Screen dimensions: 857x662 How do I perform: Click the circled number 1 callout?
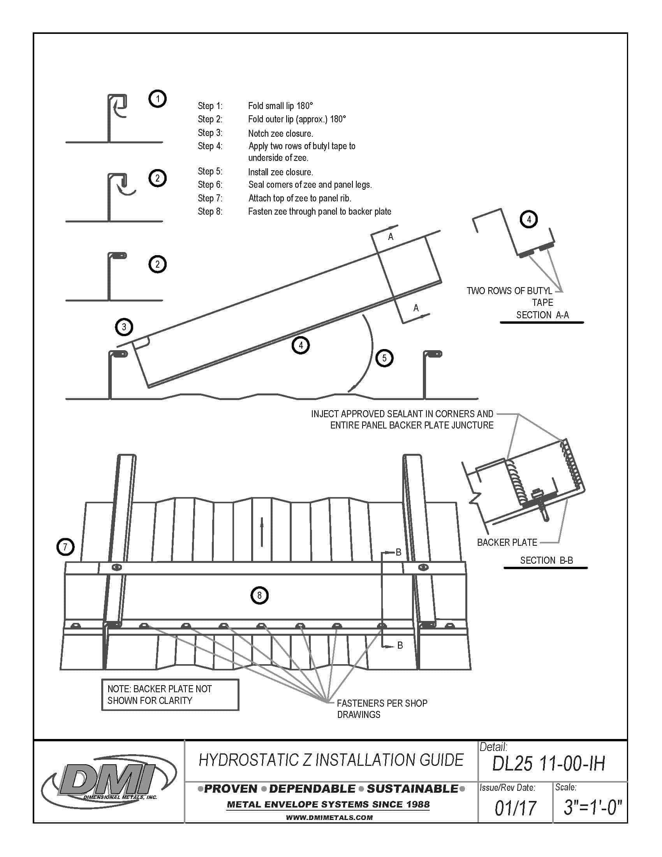[x=157, y=99]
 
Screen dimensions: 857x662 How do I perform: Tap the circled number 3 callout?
[x=124, y=327]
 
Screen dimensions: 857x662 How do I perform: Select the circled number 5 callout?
[x=384, y=358]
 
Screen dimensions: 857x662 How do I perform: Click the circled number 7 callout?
[x=65, y=547]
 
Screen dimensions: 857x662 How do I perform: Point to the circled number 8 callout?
[x=259, y=595]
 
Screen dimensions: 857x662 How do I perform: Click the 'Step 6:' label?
[x=210, y=184]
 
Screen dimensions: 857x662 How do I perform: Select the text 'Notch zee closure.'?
[x=280, y=133]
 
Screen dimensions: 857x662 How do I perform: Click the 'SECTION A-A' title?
[x=542, y=315]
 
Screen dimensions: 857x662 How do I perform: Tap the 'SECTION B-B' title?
[x=546, y=560]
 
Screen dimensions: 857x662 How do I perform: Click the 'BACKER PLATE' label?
[x=507, y=542]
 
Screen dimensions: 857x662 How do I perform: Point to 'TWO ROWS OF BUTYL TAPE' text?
[x=510, y=296]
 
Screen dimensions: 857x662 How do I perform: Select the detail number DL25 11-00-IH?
[x=548, y=764]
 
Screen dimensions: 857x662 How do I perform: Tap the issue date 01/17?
[x=515, y=808]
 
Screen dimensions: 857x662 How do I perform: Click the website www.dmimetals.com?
[x=329, y=818]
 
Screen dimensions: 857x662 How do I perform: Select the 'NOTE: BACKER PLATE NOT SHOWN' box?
[x=170, y=695]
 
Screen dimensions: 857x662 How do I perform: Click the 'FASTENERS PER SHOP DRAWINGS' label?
[x=381, y=709]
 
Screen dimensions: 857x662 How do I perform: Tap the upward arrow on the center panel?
[x=262, y=532]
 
